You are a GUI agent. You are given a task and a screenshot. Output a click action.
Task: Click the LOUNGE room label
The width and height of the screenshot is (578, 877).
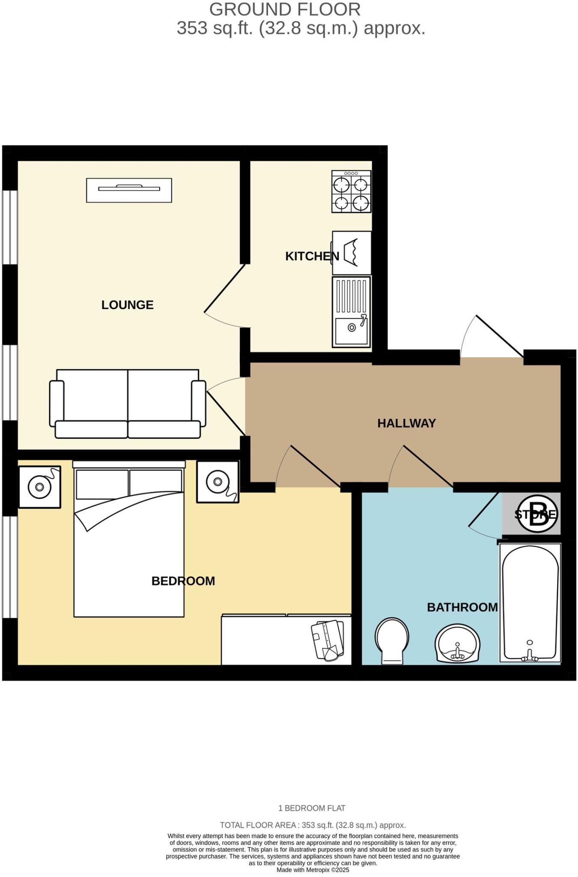127,305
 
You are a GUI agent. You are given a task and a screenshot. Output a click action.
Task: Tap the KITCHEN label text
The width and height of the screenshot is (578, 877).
312,256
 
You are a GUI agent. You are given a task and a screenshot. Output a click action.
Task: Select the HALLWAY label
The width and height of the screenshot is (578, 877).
406,423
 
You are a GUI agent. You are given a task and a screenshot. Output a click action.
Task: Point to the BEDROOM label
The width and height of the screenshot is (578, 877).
183,581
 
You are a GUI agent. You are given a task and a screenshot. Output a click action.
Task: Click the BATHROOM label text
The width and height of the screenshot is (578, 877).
462,607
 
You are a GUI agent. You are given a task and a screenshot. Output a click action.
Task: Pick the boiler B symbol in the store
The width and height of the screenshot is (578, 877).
538,514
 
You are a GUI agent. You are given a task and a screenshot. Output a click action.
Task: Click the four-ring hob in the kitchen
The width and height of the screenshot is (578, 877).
351,191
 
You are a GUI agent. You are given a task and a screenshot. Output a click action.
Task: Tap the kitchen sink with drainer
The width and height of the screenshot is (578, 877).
351,311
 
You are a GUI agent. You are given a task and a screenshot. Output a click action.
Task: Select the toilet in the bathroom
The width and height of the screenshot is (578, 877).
392,640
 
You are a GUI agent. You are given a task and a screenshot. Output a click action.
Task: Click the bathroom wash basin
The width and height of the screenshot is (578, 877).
457,644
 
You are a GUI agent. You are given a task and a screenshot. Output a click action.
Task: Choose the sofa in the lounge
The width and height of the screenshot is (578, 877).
128,404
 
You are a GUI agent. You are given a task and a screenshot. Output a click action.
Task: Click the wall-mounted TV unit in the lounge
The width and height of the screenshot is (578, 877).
129,190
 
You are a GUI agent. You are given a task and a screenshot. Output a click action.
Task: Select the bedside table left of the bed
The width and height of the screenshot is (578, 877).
40,487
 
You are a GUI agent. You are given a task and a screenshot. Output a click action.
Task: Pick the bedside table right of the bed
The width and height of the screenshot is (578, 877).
217,482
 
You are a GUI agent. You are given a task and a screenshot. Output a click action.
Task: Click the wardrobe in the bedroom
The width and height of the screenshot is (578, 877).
286,640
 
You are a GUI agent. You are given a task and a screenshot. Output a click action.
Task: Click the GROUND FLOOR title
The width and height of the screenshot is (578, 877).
285,9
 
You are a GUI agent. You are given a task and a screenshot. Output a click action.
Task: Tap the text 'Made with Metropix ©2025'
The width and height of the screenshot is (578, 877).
313,870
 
